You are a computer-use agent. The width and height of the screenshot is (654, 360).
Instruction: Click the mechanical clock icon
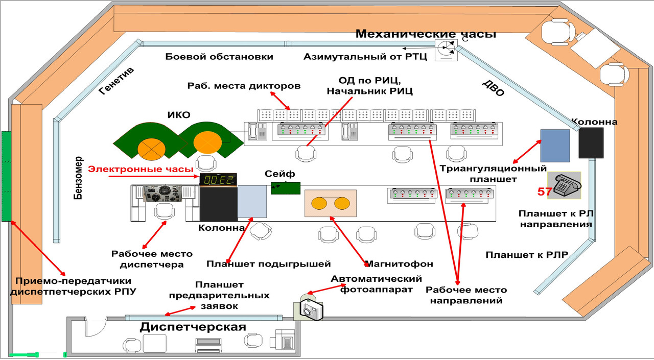point(446,50)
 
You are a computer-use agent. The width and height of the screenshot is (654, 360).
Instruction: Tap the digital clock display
point(218,180)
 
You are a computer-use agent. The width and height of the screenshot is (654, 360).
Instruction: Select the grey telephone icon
point(564,185)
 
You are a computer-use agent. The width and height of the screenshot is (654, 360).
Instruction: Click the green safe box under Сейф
point(286,188)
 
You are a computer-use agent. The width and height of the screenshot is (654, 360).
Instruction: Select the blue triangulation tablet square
point(555,146)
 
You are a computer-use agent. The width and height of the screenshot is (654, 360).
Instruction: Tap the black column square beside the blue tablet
point(591,143)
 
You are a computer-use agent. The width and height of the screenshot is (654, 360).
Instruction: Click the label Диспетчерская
point(193,327)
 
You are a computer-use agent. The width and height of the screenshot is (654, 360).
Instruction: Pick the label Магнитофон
point(399,264)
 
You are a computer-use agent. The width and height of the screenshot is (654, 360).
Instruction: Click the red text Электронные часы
point(141,169)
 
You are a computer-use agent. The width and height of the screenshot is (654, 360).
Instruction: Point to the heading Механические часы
point(426,34)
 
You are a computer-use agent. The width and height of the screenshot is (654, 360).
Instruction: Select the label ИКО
point(179,115)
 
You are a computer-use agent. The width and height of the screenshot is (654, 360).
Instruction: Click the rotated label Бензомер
point(78,178)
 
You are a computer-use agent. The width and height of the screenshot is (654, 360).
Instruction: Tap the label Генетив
point(116,81)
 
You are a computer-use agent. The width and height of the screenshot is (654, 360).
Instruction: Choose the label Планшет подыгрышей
point(269,264)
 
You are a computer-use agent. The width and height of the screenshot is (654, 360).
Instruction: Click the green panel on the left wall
point(7,176)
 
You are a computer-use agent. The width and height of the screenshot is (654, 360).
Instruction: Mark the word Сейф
point(279,174)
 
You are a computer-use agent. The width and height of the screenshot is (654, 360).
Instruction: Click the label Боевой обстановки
point(219,57)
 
